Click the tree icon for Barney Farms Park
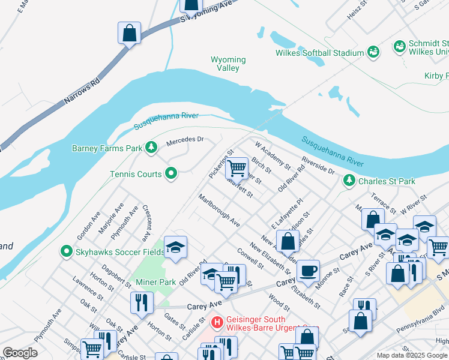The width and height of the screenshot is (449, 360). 152,148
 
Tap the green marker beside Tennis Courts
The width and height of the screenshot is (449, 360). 171,174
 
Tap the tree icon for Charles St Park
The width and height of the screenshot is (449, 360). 349,181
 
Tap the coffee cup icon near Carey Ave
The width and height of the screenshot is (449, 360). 308,270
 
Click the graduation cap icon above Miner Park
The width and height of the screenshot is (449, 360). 175,247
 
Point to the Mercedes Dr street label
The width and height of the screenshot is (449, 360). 185,140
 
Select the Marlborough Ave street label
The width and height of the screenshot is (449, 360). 219,210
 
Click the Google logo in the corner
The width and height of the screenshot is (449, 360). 20,352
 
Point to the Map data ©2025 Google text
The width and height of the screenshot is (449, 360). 412,355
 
